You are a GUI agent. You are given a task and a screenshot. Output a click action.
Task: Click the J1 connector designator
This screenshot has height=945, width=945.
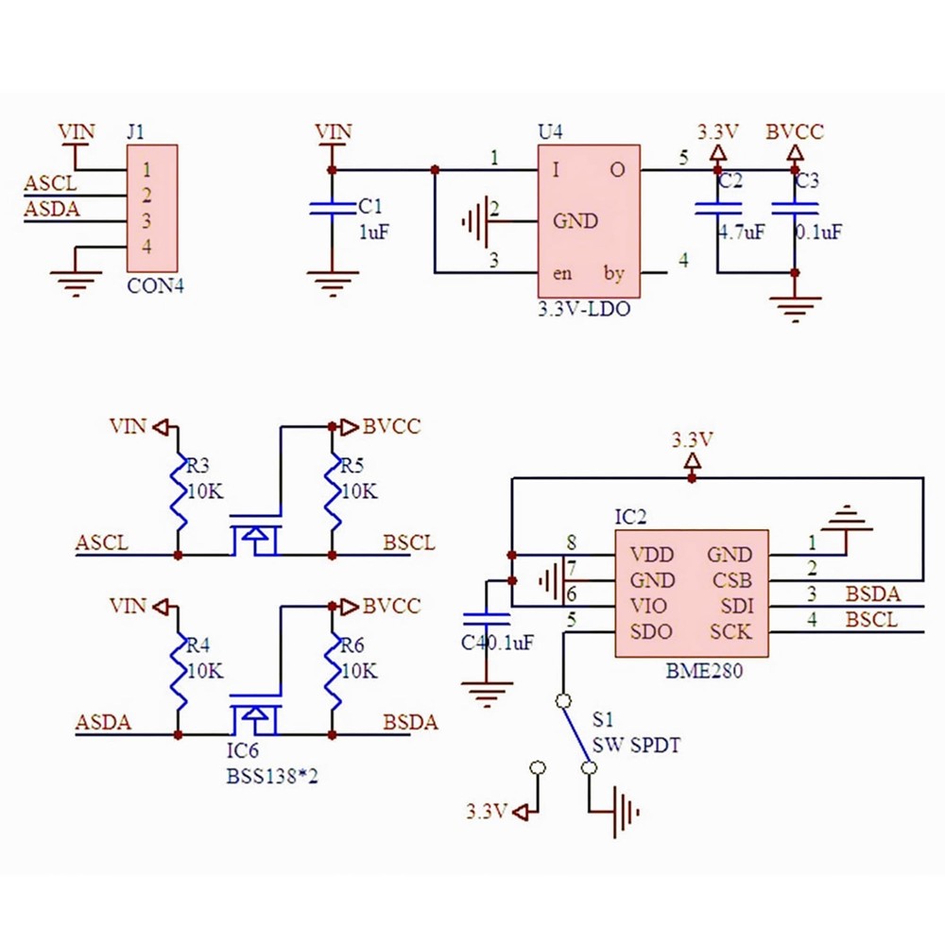click(135, 132)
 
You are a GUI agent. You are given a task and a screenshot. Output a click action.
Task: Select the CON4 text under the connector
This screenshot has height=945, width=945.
click(155, 284)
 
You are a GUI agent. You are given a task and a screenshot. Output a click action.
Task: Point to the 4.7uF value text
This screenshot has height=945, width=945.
click(741, 232)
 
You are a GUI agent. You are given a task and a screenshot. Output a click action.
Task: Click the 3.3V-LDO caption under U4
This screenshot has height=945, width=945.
click(583, 309)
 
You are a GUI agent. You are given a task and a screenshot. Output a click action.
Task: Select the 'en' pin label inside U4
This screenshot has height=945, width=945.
click(562, 274)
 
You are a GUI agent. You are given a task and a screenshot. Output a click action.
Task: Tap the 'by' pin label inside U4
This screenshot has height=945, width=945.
click(614, 274)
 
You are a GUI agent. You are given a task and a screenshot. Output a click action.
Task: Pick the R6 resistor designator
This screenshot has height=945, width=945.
click(352, 646)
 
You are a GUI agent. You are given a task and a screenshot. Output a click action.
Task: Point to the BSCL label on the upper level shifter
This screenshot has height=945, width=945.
click(409, 543)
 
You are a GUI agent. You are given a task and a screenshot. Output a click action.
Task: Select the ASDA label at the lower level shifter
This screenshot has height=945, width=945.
click(103, 723)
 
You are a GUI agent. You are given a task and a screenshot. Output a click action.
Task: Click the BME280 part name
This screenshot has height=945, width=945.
click(704, 673)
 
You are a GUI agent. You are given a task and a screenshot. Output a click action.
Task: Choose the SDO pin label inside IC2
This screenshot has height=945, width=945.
click(652, 631)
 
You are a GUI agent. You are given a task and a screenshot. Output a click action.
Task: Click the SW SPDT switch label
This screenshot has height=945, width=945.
click(636, 745)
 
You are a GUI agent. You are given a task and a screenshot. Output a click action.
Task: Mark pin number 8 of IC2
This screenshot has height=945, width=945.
click(571, 543)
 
